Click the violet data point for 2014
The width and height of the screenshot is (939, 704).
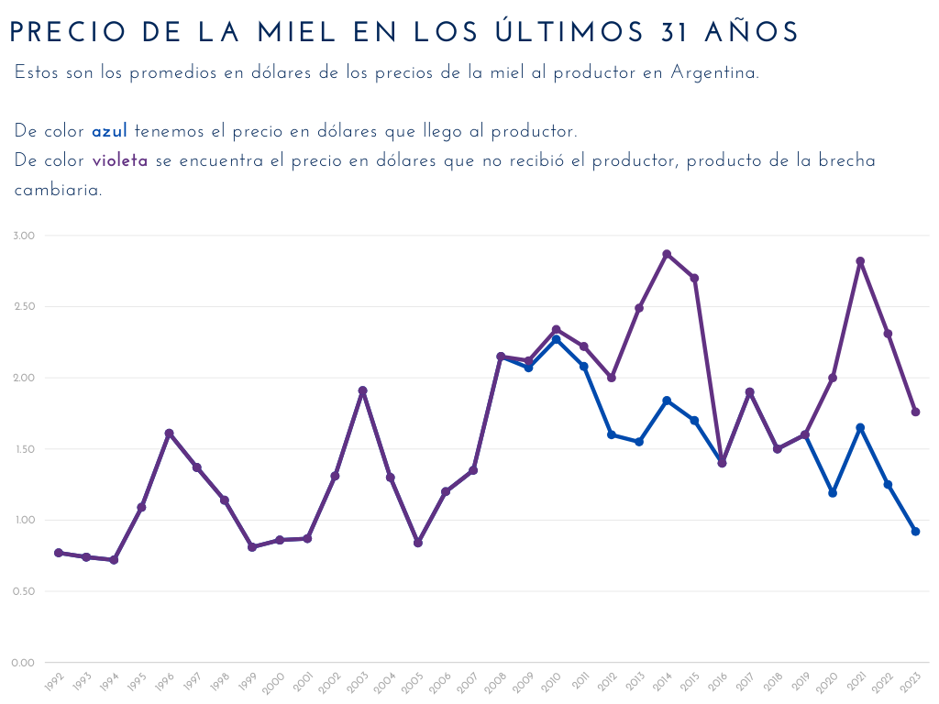click(x=667, y=254)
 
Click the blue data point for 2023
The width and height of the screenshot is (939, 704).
click(x=915, y=532)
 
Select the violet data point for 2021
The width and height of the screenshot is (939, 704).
click(x=860, y=261)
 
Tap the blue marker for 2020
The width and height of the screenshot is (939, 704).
click(x=833, y=493)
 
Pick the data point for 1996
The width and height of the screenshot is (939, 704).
click(x=169, y=433)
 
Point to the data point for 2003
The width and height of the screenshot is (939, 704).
click(x=362, y=390)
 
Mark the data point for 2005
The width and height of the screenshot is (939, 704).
click(x=418, y=543)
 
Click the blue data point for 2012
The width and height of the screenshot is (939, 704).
click(x=612, y=434)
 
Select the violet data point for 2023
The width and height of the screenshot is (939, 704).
click(x=915, y=412)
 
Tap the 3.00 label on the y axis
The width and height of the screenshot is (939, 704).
click(x=24, y=236)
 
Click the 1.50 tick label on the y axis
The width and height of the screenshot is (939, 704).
click(x=24, y=449)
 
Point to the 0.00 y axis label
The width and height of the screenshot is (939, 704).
click(x=24, y=663)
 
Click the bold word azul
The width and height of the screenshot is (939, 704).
click(x=109, y=132)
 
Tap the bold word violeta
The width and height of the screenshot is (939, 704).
click(x=120, y=161)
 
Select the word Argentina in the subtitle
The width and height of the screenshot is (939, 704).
click(x=713, y=73)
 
